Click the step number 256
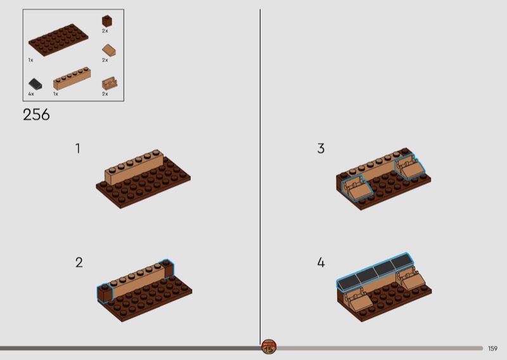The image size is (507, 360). (36, 115)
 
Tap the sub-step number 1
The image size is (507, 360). (77, 148)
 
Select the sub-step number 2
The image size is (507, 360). (79, 262)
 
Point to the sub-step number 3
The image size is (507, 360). (321, 148)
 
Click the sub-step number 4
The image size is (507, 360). (321, 262)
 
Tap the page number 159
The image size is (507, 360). (493, 349)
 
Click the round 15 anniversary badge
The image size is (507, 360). (269, 347)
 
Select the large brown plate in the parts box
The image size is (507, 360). (58, 40)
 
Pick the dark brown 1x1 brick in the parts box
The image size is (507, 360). (107, 21)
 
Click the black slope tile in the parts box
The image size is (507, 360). (35, 84)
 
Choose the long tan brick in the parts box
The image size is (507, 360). (72, 79)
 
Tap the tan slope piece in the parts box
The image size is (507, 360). (109, 50)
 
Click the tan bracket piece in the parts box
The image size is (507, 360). (110, 84)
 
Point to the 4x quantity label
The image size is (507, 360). (31, 94)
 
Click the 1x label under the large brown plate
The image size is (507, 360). (30, 60)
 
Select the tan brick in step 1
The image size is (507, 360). (133, 167)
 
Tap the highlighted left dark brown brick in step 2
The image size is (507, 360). (105, 293)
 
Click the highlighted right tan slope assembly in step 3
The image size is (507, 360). (409, 167)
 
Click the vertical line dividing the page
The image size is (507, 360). (260, 177)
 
